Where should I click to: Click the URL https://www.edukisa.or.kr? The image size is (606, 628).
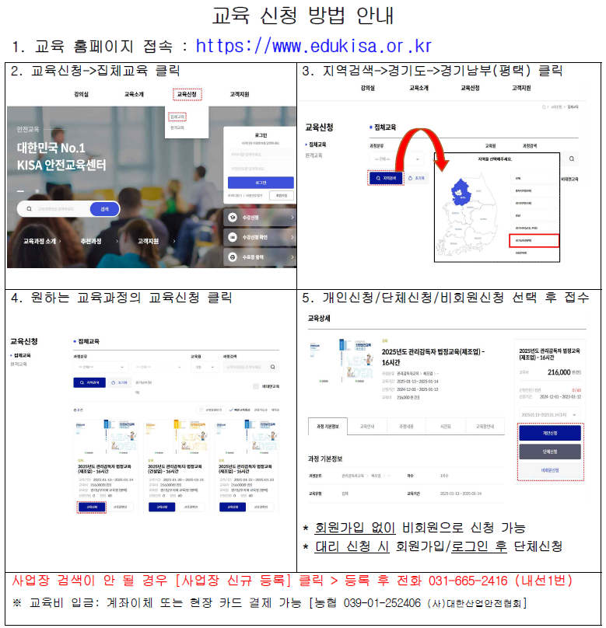pos(313,46)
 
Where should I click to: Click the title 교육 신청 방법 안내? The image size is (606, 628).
pos(303,16)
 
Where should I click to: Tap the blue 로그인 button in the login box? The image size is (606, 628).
pos(261,183)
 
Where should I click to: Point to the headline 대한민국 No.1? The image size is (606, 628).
pos(51,148)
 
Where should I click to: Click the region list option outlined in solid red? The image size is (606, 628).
pos(534,241)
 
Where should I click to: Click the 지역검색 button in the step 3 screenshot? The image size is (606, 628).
pos(385,178)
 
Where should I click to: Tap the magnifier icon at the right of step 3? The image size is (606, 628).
pos(572,159)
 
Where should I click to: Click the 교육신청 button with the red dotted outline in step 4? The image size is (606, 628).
pos(92,507)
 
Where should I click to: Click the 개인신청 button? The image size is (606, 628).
pos(549,433)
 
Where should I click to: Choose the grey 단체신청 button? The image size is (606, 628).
pos(549,452)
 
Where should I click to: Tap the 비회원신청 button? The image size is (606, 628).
pos(549,470)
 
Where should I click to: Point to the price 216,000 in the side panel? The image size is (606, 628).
pos(559,372)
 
